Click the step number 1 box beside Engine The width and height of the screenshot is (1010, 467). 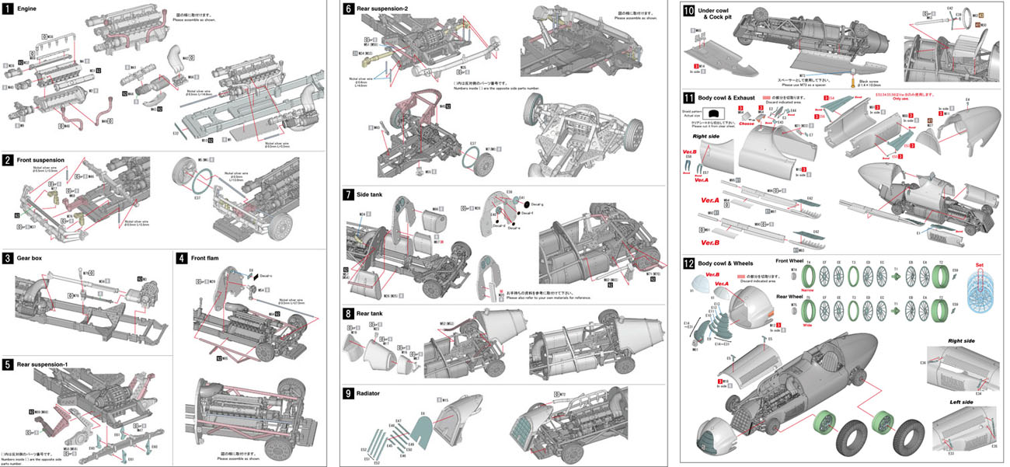pos(7,8)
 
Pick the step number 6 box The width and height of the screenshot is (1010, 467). pos(348,8)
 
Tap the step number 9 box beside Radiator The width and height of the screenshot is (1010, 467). pos(348,393)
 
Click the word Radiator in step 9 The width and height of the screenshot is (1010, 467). pos(370,393)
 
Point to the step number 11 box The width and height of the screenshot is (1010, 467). pos(688,97)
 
